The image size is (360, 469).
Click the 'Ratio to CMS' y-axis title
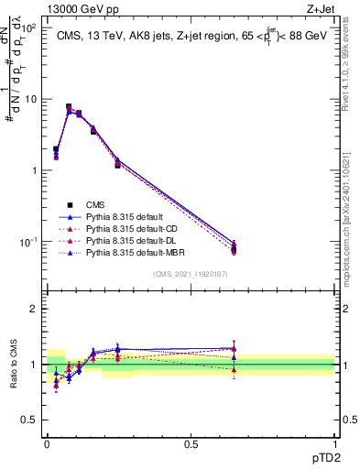(15, 364)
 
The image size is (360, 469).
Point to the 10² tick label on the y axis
(30, 28)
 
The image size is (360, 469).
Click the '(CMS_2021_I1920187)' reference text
(191, 274)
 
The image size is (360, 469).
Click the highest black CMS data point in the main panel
(69, 107)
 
